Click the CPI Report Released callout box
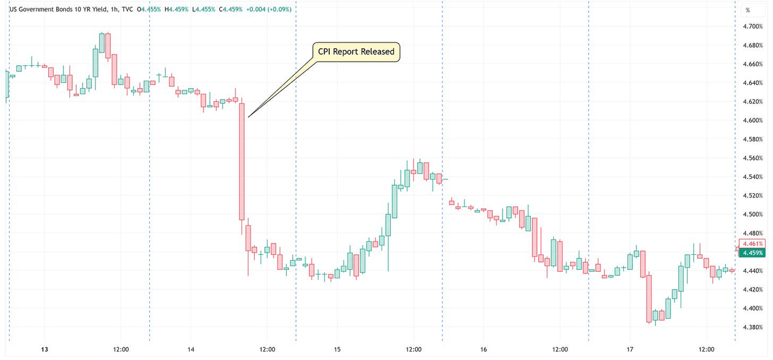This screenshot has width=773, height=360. coord(356,52)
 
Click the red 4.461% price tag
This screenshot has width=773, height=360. coord(753,243)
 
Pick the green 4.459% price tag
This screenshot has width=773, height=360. coord(753,252)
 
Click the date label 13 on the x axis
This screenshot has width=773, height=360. coord(44,350)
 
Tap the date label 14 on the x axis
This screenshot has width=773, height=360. coord(191,350)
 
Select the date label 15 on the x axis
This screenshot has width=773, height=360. coord(337,350)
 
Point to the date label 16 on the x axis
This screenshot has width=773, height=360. coord(484,350)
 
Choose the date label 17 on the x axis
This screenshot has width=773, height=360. coord(630,350)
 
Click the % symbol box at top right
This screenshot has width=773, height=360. coord(747,10)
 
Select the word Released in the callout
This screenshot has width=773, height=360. coord(377,52)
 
